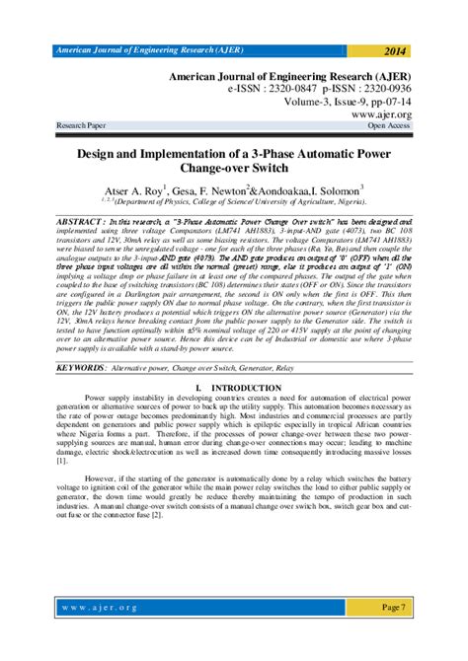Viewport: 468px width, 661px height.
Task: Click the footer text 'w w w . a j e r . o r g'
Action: [98, 608]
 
